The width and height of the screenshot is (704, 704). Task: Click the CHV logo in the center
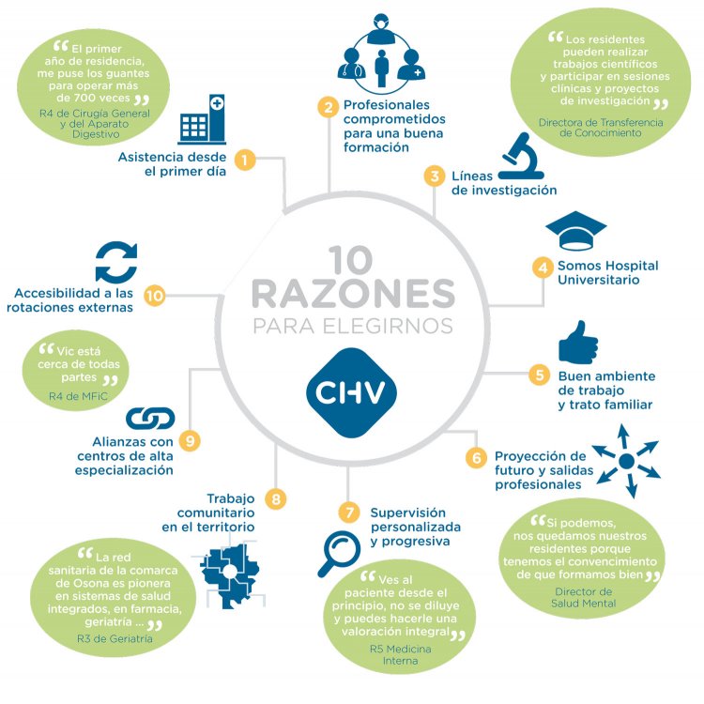[352, 392]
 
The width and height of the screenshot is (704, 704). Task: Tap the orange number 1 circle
[245, 160]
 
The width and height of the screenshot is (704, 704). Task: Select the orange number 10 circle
[155, 296]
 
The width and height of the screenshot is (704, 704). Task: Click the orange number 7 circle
[349, 513]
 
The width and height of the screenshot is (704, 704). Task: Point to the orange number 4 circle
[543, 268]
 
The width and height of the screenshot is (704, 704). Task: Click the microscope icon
[522, 156]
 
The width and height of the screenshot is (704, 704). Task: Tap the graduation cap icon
[576, 230]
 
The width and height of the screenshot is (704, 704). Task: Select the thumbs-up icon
[578, 342]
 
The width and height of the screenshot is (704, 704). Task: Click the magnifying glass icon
[339, 554]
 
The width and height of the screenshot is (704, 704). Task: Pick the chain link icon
[150, 419]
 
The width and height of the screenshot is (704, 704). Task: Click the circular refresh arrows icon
[116, 262]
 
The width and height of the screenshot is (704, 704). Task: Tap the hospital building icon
[202, 119]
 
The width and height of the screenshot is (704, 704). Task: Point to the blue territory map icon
[230, 574]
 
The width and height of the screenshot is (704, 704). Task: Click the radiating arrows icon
[626, 461]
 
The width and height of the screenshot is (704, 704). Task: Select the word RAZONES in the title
[353, 294]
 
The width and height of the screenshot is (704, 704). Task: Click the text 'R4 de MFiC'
[78, 396]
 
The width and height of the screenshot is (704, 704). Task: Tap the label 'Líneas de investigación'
[504, 183]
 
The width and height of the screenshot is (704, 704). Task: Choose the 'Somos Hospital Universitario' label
[608, 272]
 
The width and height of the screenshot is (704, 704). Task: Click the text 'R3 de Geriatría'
[115, 638]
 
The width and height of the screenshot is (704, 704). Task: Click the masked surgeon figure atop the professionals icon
[381, 29]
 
